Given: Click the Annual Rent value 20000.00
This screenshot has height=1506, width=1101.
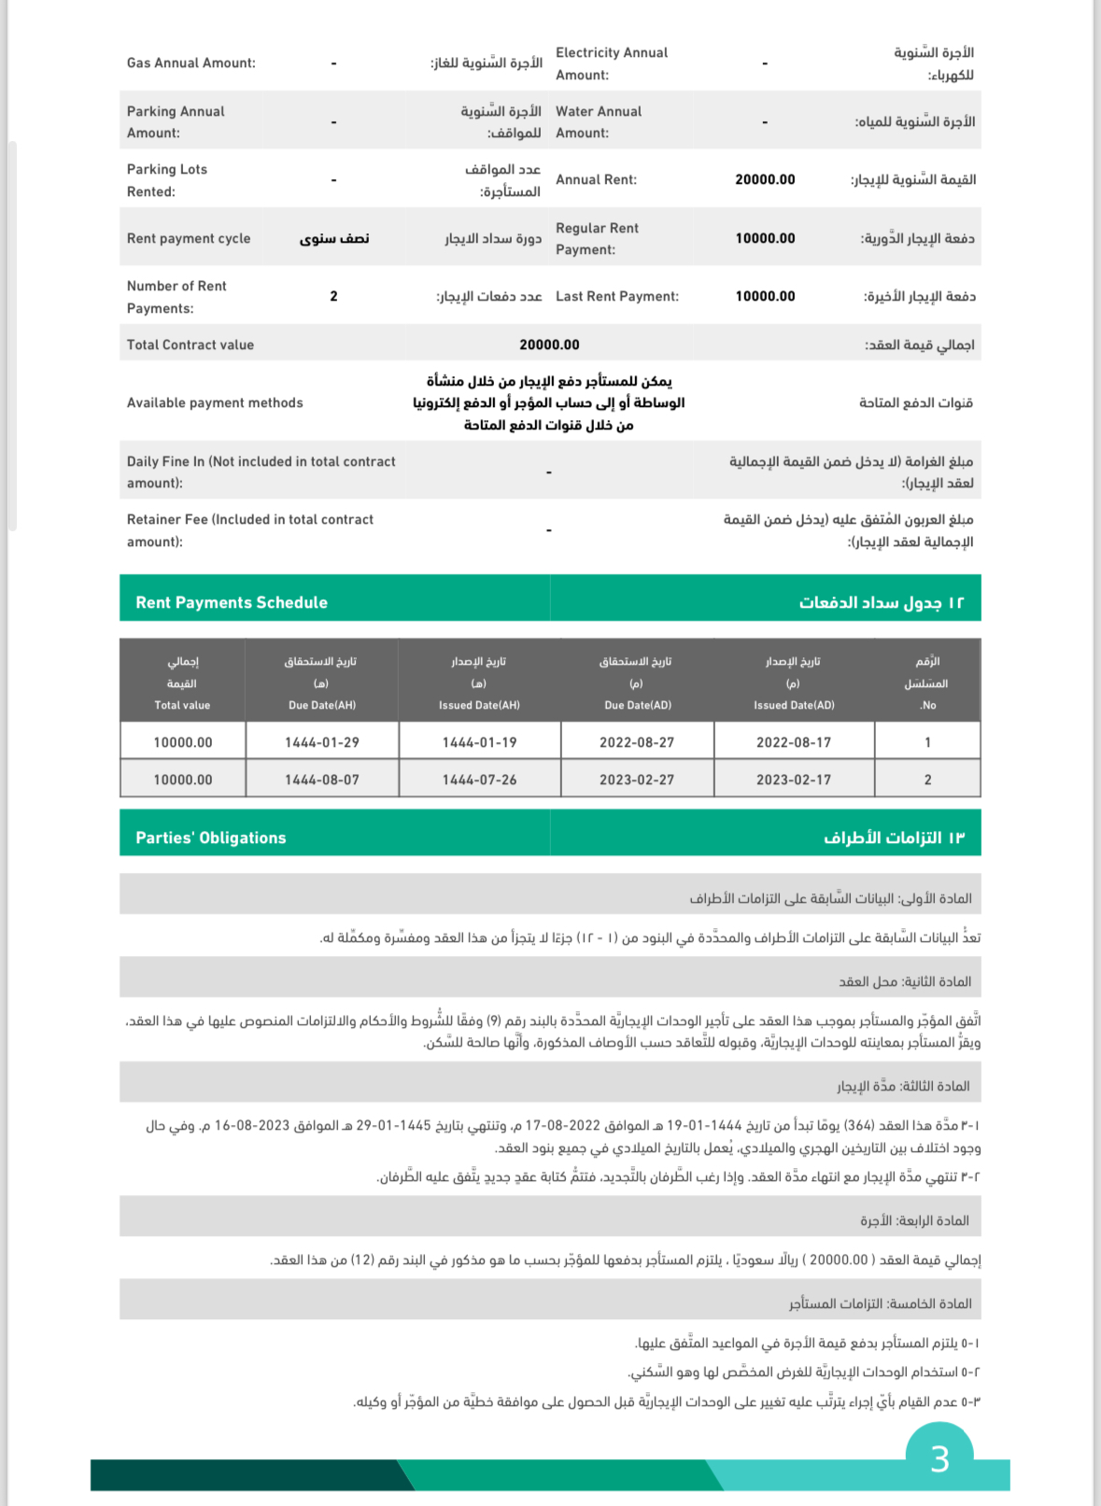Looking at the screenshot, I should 765,179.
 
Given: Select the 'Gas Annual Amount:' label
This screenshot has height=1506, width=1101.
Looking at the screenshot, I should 191,63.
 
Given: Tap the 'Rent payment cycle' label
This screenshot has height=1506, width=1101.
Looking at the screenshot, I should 189,238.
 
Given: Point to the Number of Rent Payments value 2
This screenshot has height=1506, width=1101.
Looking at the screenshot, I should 333,296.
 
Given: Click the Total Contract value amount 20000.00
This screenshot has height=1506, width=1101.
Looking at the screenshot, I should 549,345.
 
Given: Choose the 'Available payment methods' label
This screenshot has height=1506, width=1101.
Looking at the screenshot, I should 215,402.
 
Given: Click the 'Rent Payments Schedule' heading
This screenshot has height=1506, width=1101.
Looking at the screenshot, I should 232,602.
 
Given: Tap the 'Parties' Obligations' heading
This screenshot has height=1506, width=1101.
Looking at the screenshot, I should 211,837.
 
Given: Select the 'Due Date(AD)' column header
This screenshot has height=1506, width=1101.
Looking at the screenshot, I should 637,705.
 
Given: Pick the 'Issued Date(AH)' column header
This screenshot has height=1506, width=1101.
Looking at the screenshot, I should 479,705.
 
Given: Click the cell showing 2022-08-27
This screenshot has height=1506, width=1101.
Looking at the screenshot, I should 637,742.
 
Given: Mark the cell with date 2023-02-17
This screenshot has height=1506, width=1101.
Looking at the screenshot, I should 794,780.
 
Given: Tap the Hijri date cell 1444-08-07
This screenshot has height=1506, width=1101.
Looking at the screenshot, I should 321,780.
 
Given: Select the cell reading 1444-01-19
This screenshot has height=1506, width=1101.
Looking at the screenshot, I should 479,742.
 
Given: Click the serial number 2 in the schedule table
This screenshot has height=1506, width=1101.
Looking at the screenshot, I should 927,780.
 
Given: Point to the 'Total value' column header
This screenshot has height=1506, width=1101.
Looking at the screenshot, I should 182,705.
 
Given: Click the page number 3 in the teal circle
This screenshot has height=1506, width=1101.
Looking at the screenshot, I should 939,1458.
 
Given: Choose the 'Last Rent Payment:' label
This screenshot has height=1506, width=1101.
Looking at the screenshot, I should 617,296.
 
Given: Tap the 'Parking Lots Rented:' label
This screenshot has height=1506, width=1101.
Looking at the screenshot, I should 167,180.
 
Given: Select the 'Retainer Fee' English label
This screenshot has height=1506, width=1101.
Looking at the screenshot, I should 250,530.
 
